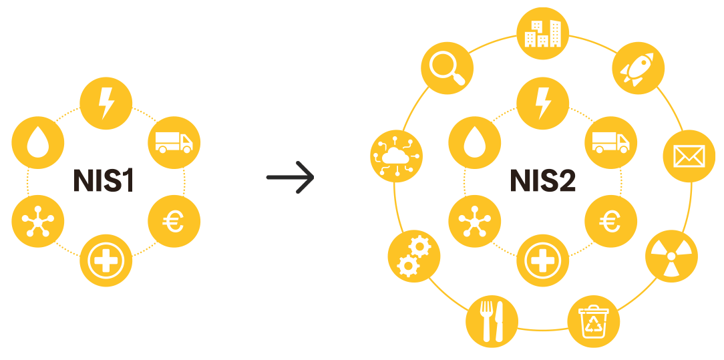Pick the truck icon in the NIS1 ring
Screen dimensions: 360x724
click(x=173, y=142)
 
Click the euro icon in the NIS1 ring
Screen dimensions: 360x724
click(x=173, y=221)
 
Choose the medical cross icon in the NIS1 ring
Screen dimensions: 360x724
click(x=106, y=260)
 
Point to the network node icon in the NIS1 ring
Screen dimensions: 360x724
click(x=38, y=221)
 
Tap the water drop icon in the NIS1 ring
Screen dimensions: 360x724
click(x=38, y=142)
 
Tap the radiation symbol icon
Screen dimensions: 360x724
click(x=671, y=256)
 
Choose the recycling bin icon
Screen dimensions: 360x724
click(x=593, y=321)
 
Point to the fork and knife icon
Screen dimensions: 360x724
click(x=492, y=321)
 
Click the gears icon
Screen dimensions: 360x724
click(x=413, y=256)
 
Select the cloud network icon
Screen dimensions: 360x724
click(x=396, y=156)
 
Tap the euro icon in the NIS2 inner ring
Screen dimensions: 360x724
click(x=610, y=221)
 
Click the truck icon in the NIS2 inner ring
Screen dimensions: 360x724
click(x=610, y=142)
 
